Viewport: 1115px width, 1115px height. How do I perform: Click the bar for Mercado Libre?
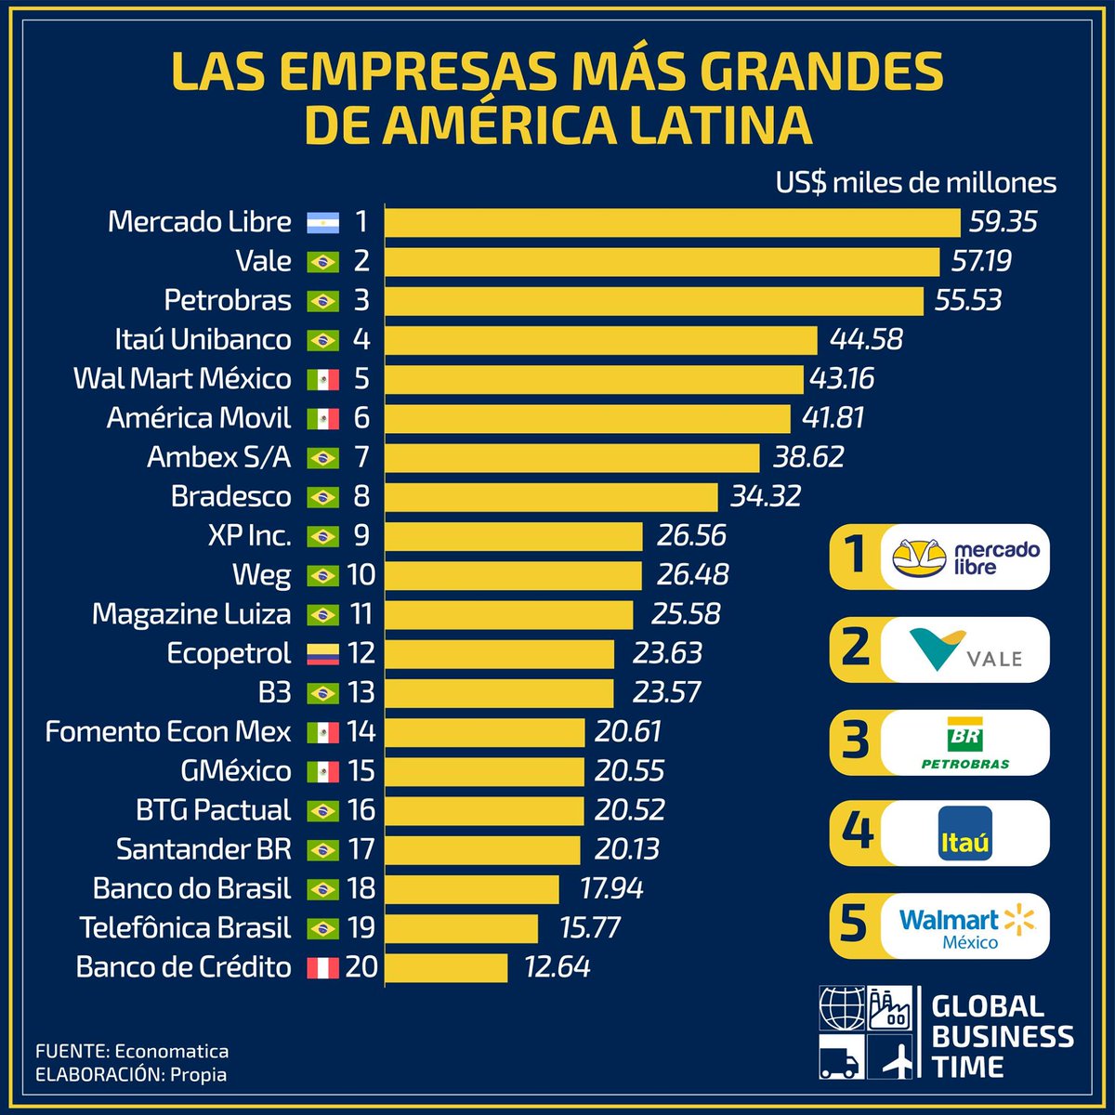pos(672,222)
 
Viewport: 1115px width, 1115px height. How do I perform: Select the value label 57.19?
pos(981,261)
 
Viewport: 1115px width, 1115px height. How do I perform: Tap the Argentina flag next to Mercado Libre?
pos(322,223)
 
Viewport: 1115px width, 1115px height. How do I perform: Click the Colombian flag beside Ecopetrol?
pos(322,654)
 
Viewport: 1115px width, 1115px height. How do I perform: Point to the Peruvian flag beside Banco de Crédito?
pos(322,968)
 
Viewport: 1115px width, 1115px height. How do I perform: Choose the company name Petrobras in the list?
pos(228,300)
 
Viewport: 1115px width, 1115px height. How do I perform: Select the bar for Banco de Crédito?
pos(446,967)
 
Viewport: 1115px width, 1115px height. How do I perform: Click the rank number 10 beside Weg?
pos(361,574)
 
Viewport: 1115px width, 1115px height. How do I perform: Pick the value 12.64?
pos(557,967)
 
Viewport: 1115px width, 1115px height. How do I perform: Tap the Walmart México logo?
pos(966,926)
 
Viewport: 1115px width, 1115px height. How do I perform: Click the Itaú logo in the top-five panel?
pos(964,833)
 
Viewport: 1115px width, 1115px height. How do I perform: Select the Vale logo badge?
pos(964,649)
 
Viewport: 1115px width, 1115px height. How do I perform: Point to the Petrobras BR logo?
pos(964,742)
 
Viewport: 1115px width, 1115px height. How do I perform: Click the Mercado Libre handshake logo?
pos(920,557)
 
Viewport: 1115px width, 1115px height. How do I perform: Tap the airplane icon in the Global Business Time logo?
pos(898,1059)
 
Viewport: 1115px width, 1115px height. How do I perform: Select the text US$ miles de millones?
pos(916,182)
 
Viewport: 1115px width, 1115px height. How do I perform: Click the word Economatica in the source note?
pos(171,1052)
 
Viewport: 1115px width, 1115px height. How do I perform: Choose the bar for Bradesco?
pos(551,496)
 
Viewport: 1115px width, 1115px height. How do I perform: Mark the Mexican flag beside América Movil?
pos(322,419)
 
